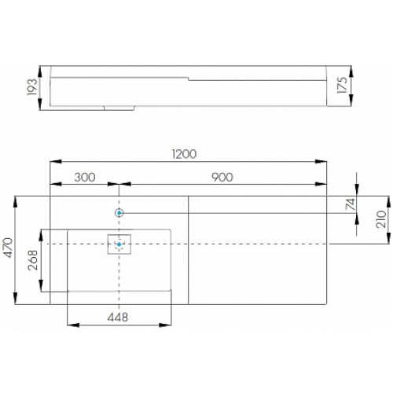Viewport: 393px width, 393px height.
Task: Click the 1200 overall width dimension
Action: point(184,154)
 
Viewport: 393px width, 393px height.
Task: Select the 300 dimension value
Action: point(85,178)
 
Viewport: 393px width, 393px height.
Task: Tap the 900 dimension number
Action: point(222,178)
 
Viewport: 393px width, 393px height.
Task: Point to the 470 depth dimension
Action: point(7,248)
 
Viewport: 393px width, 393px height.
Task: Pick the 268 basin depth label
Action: point(33,260)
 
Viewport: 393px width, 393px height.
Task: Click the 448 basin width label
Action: point(118,318)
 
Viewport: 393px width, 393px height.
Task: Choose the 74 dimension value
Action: point(351,204)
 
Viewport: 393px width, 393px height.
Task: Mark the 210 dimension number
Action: point(381,219)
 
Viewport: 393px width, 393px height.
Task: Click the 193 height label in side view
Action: point(32,86)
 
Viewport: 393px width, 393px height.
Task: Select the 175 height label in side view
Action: point(342,85)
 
